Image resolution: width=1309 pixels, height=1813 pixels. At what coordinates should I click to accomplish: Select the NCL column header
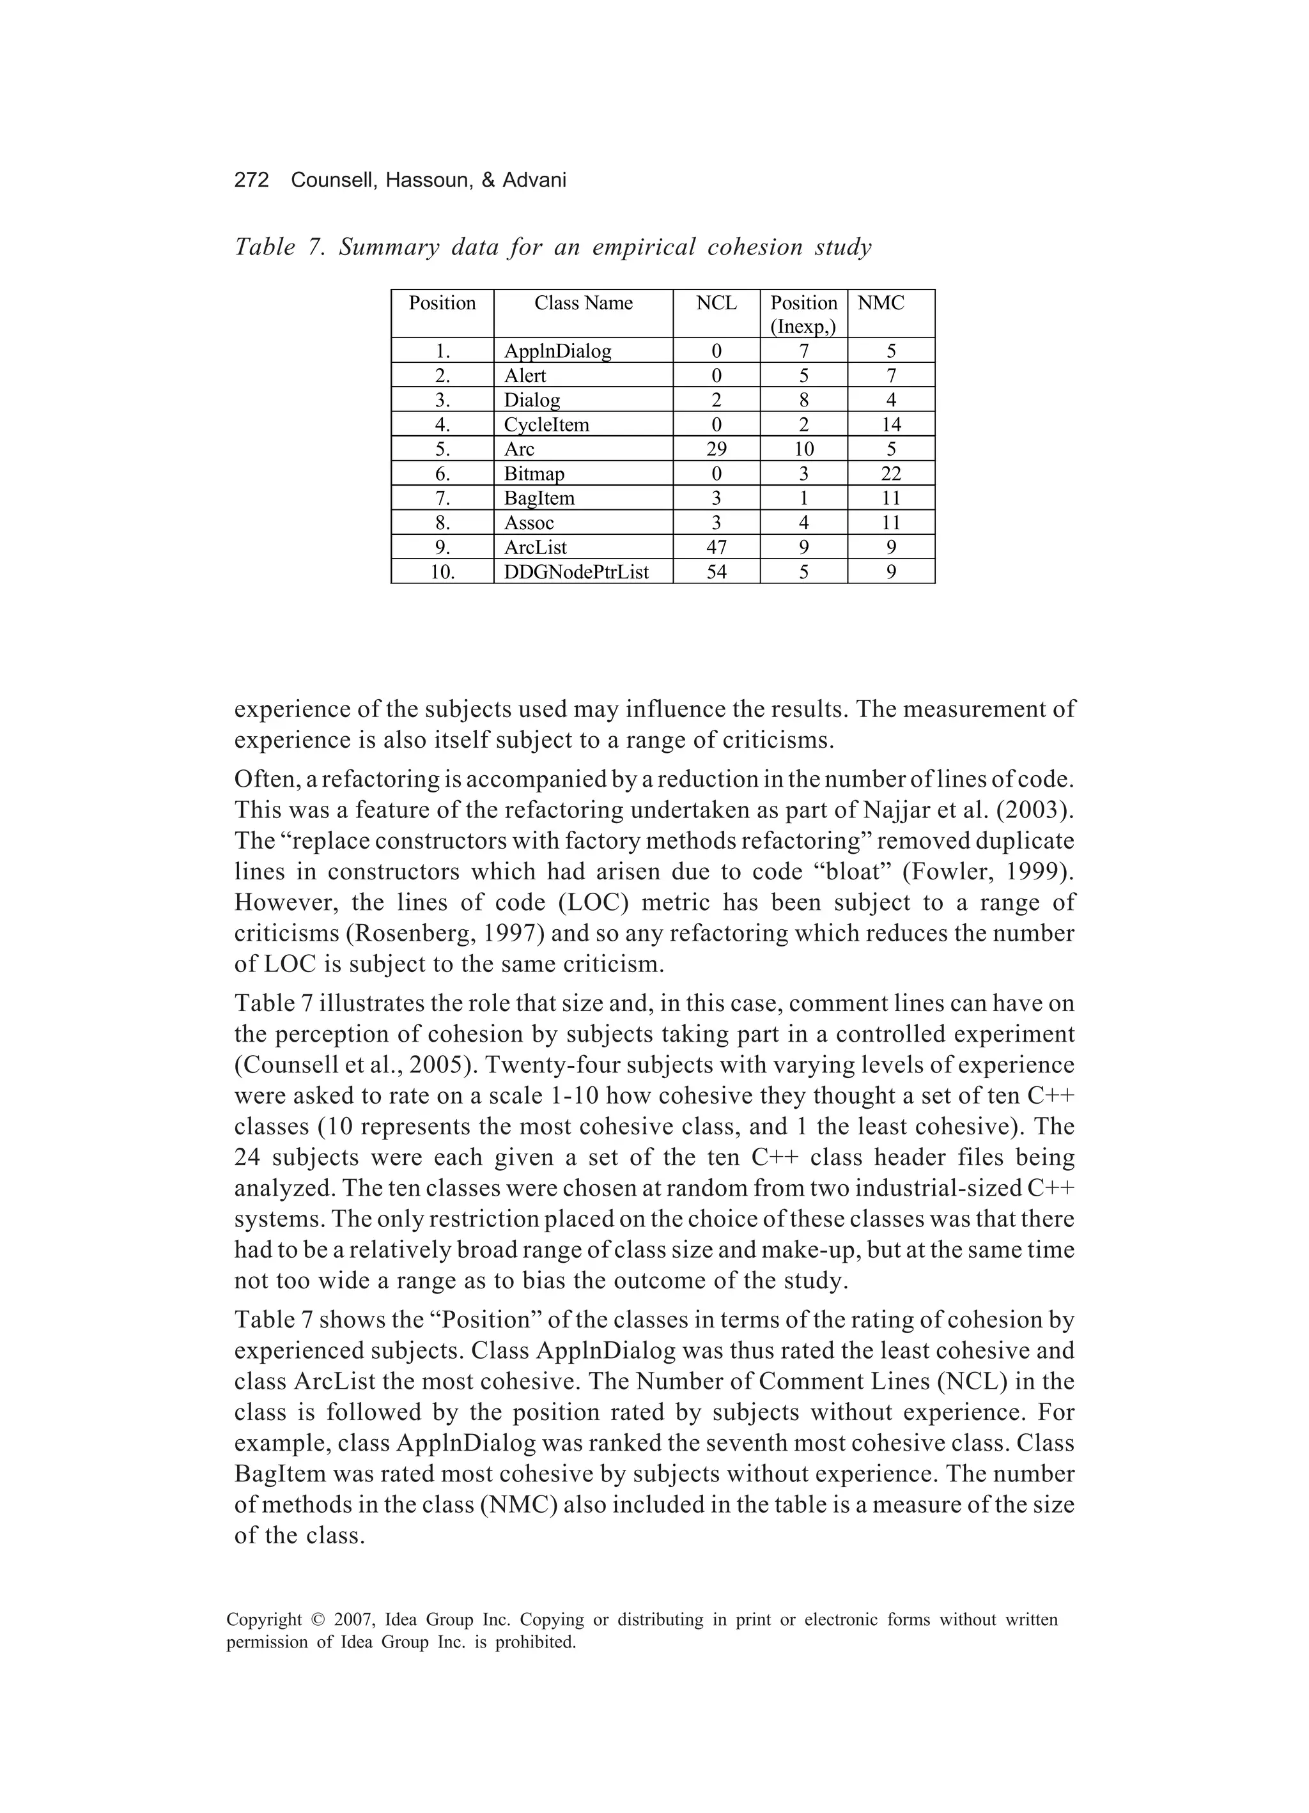click(x=716, y=303)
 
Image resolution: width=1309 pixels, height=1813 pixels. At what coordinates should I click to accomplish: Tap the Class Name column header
click(x=583, y=303)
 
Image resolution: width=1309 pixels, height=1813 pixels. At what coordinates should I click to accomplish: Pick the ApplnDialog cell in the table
click(x=557, y=351)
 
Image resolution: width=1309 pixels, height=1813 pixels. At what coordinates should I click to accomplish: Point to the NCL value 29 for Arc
click(x=716, y=449)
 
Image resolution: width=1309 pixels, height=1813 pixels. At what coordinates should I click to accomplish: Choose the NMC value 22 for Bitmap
click(x=891, y=474)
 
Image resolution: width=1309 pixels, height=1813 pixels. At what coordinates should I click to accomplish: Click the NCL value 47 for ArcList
click(x=716, y=548)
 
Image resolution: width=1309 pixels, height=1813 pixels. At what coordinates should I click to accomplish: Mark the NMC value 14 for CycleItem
click(x=891, y=424)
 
